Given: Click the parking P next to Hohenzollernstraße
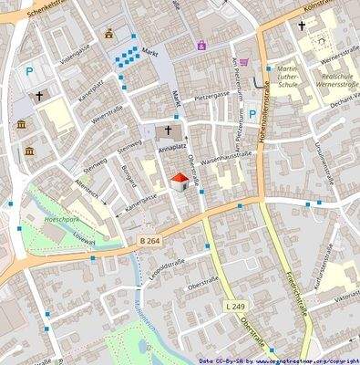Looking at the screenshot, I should tap(252, 114).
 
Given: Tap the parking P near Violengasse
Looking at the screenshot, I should tap(29, 70).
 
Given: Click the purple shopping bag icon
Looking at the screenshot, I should tap(201, 44).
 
